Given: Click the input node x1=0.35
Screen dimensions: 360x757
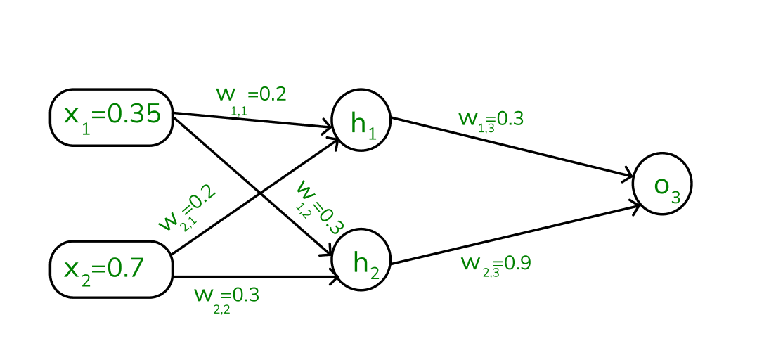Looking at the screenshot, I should coord(111,117).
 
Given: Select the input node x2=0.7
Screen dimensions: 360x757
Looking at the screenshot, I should coord(111,269).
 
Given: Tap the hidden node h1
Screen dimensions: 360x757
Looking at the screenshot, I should coord(361,120).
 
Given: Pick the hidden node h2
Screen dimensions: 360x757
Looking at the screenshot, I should coord(361,260).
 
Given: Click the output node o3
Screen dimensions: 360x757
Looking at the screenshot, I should coord(662,183).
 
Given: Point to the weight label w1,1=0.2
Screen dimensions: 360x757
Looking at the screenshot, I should coord(251,97).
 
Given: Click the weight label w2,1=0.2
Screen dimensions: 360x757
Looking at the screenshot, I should coord(187,209).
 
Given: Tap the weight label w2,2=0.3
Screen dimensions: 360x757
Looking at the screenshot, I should coord(226,297).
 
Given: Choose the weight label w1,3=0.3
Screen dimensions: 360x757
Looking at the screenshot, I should coord(491,120).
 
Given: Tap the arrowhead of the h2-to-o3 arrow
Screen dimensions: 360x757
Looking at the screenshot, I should coord(635,205).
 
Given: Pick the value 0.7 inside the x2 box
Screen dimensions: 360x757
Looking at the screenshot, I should coord(127,267).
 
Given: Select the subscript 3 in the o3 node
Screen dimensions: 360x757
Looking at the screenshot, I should coord(675,198).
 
